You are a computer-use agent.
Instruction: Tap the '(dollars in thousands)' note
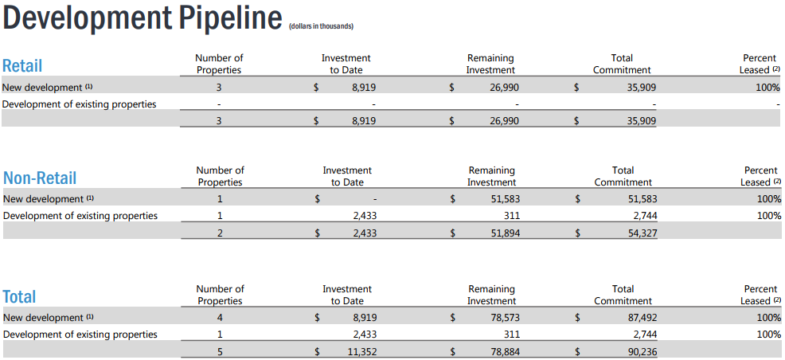pos(322,26)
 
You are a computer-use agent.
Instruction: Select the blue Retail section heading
pos(22,65)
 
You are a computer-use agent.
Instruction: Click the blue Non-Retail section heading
pos(40,178)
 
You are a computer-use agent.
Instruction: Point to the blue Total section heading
pos(20,296)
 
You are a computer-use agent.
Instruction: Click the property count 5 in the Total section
pos(220,351)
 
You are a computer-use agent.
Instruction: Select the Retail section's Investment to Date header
pos(346,64)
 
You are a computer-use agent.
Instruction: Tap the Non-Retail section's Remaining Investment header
pos(492,176)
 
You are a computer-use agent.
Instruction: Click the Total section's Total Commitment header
pos(623,295)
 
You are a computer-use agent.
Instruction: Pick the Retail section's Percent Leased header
pos(760,64)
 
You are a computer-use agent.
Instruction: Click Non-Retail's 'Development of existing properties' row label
pos(80,217)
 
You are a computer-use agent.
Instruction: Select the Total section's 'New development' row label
pos(48,318)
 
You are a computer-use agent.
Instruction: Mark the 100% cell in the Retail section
pos(768,88)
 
